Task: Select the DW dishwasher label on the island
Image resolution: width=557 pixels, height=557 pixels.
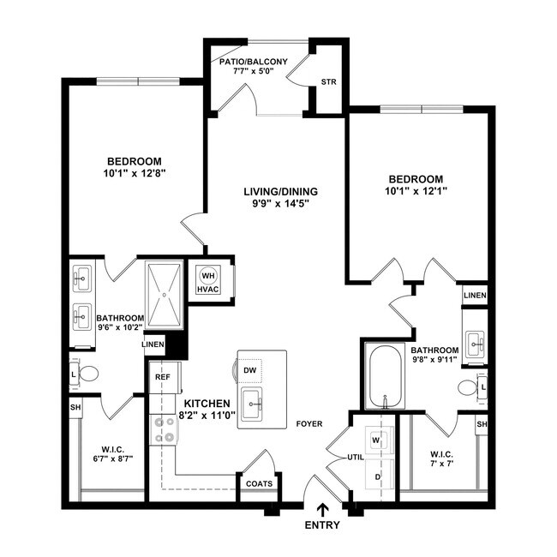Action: pos(250,370)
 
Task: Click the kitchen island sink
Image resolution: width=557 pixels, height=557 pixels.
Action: pos(252,403)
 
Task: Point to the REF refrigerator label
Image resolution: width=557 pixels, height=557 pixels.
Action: pos(162,376)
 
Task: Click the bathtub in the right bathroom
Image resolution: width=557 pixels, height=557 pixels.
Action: pos(385,377)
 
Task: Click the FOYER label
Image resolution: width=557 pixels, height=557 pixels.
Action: pos(308,423)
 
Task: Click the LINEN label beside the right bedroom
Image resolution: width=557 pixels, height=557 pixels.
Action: pos(475,296)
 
